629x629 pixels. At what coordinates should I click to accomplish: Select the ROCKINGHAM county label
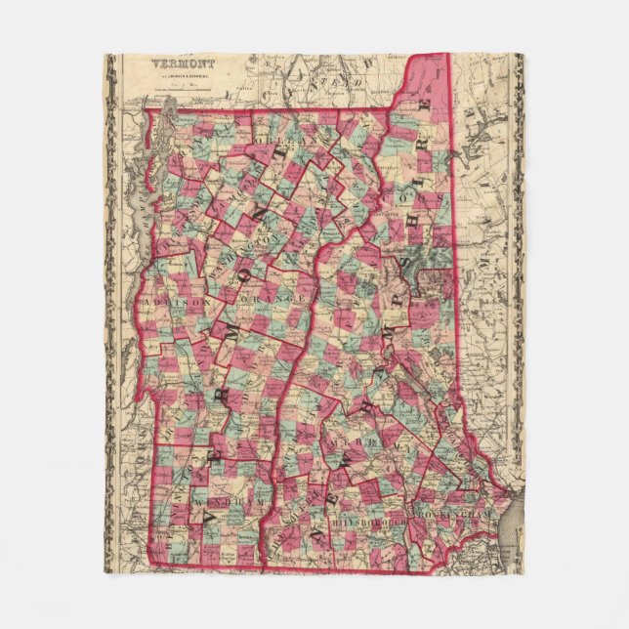(x=458, y=512)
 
